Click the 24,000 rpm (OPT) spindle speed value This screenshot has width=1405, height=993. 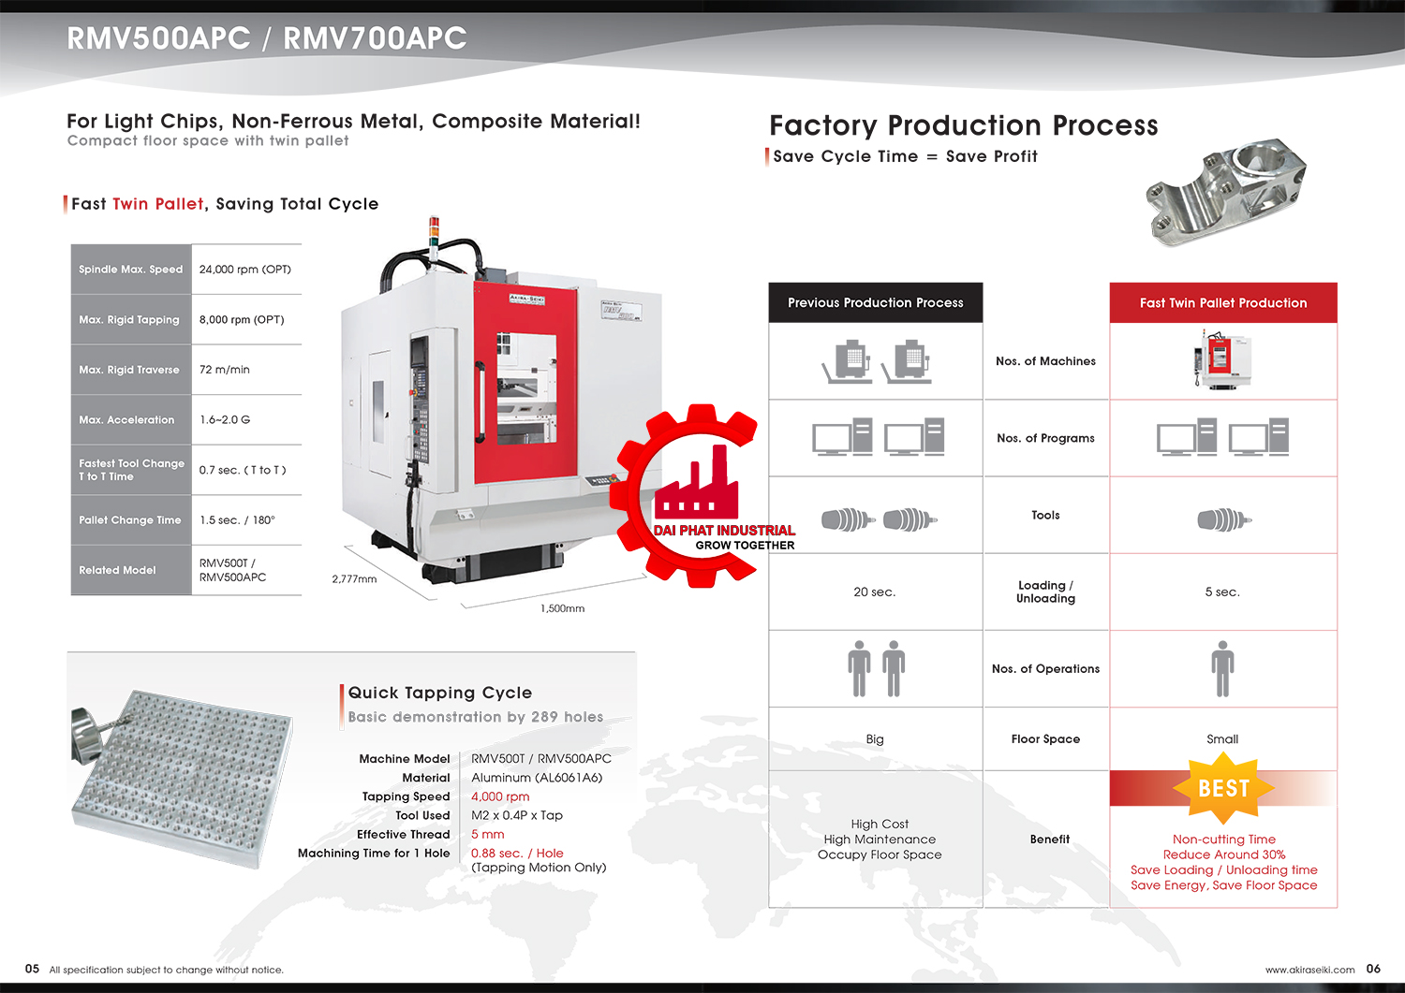(x=245, y=270)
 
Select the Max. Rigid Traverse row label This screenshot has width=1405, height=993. (x=129, y=370)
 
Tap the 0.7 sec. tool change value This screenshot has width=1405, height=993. (x=243, y=470)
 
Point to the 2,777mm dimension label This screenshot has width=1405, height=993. (x=354, y=579)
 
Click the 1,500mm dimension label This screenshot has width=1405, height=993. (x=563, y=608)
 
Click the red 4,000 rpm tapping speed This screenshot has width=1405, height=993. (x=500, y=796)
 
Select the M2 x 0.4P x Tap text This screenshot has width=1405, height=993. (x=517, y=815)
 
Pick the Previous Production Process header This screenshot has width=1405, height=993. (x=876, y=303)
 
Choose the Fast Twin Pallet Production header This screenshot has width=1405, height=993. (x=1223, y=303)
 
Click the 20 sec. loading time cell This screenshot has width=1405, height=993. (x=874, y=592)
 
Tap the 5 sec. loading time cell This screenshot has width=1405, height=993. (x=1222, y=592)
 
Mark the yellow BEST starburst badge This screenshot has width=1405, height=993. (x=1223, y=789)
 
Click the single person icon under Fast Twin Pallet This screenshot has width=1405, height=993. (x=1222, y=669)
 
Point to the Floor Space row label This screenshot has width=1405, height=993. (x=1045, y=739)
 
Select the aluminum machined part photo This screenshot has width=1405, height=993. (x=1226, y=192)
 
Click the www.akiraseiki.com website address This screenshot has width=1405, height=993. (x=1309, y=970)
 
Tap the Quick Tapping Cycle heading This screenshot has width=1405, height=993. (x=439, y=693)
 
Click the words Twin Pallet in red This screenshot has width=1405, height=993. (x=158, y=204)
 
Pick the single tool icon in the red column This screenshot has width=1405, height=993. (x=1224, y=519)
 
